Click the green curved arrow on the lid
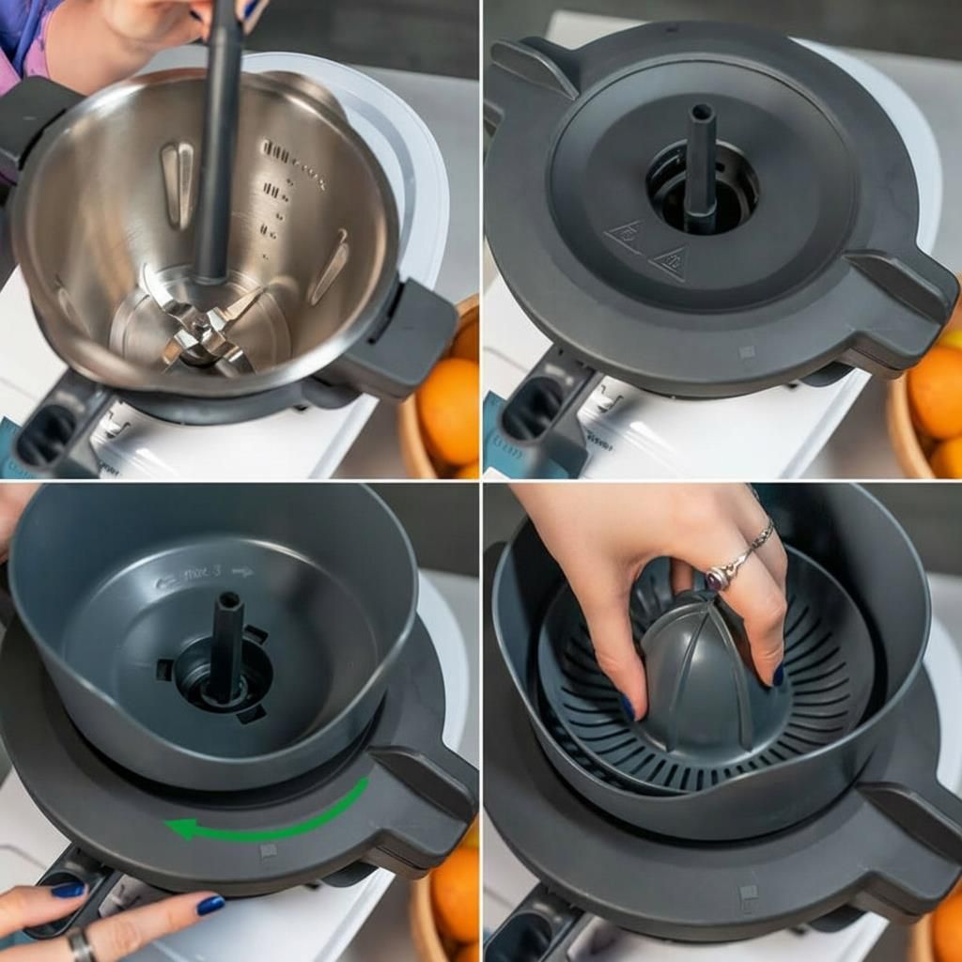click(x=272, y=820)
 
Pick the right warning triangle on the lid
click(x=669, y=262)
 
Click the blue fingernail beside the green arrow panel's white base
click(x=210, y=905)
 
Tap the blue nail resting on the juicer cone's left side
click(x=627, y=706)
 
